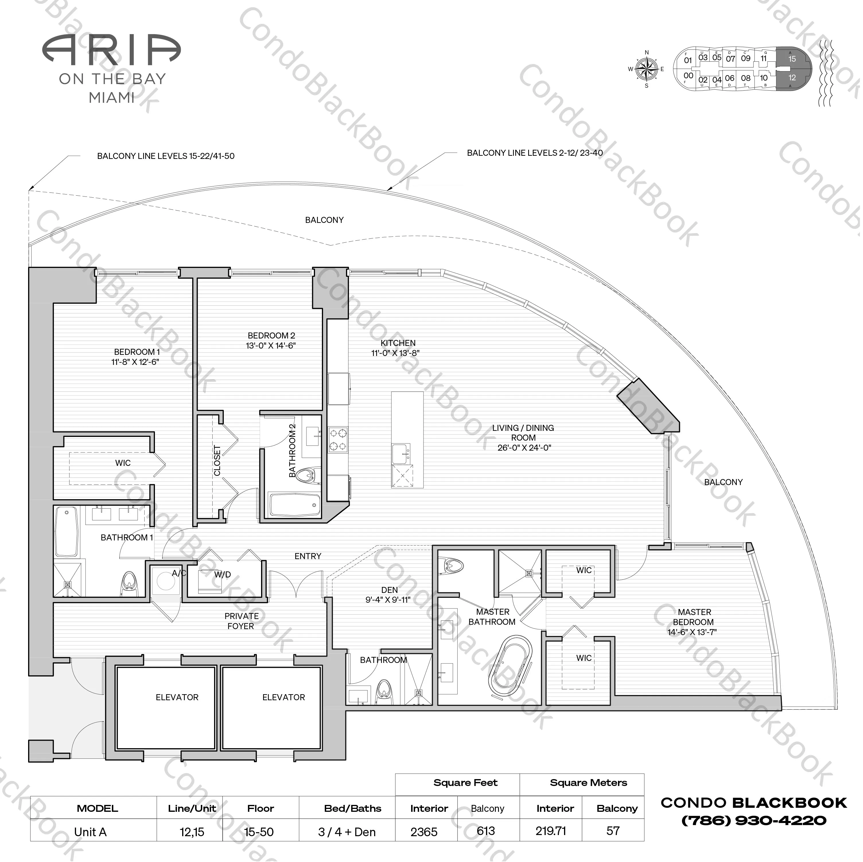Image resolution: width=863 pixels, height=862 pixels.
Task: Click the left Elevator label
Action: [177, 697]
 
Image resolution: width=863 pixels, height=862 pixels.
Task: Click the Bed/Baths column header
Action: [352, 808]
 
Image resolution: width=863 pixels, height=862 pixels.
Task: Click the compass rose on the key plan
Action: [646, 69]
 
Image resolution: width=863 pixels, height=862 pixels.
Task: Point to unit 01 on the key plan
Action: [688, 60]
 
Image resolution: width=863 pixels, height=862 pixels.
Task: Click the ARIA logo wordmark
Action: [112, 49]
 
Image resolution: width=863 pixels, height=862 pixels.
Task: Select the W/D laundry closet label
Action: [222, 575]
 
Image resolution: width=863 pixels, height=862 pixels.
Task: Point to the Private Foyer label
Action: [241, 621]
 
